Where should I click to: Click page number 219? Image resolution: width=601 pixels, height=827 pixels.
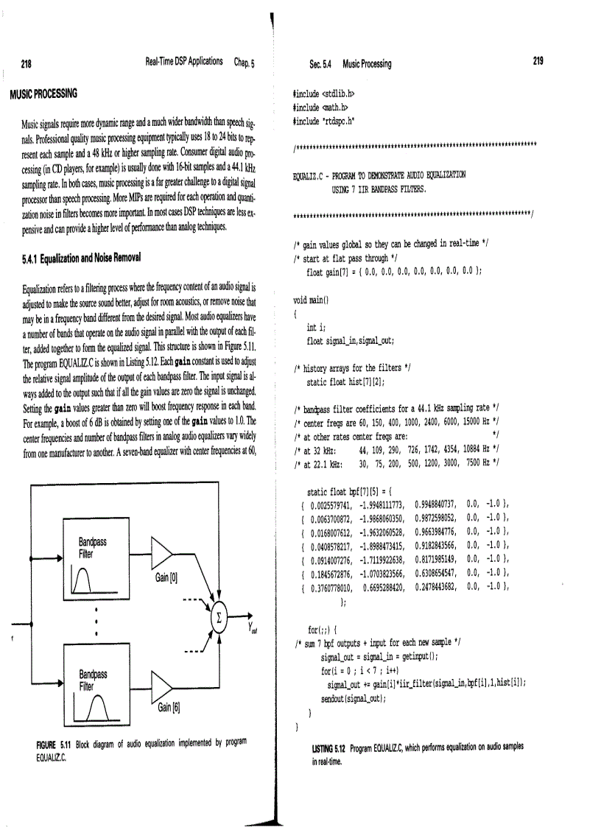click(537, 63)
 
